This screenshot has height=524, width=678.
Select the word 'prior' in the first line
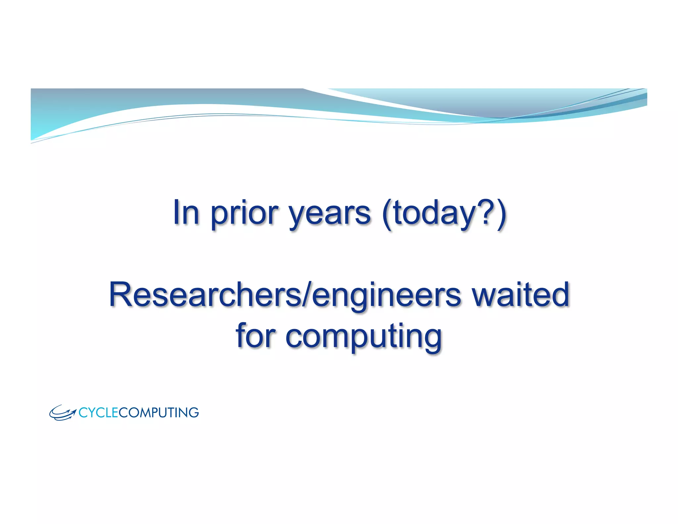point(244,214)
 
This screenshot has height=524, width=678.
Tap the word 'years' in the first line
point(329,214)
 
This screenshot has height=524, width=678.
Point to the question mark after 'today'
point(487,212)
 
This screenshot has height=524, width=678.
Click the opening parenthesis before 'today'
point(387,214)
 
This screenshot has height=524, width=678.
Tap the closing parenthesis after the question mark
point(501,214)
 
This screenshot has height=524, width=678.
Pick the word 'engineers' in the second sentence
point(386,296)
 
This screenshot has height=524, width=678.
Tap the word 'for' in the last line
point(255,335)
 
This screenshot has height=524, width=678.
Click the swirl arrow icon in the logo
point(62,413)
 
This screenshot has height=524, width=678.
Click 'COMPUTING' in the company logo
point(159,413)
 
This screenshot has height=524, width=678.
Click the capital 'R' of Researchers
point(121,294)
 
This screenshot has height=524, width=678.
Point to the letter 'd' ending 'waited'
point(559,294)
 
